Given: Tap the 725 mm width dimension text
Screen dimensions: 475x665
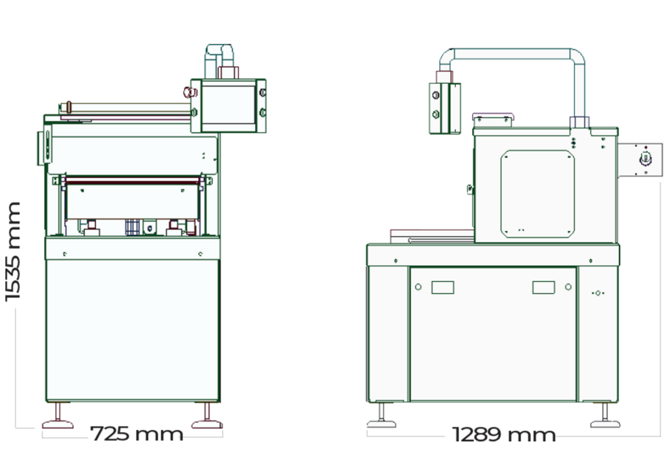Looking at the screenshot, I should click(136, 433).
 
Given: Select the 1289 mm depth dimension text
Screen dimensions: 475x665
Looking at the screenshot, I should click(504, 434).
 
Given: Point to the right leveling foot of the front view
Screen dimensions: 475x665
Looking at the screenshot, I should click(207, 419).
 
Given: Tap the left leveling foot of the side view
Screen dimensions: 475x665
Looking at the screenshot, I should click(381, 419).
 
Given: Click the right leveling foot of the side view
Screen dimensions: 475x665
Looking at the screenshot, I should click(604, 419).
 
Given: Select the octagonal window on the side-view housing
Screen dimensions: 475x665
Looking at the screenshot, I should click(537, 194).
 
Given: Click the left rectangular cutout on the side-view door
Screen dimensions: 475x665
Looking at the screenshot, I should click(442, 287).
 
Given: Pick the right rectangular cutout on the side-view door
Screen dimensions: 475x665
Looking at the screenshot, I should click(544, 287).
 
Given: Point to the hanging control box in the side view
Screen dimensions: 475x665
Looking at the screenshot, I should click(444, 108).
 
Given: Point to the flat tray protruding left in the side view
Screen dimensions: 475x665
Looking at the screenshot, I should click(431, 236).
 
